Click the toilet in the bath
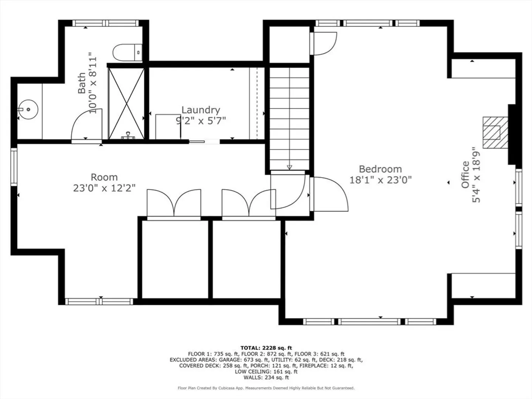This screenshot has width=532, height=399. click(x=127, y=52)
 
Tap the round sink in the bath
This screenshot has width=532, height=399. click(x=28, y=109)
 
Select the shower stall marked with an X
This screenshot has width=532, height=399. click(x=126, y=104)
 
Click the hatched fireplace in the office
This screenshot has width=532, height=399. click(x=495, y=133)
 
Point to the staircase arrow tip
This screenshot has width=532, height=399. click(x=289, y=169)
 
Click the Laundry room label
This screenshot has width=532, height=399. click(x=201, y=110)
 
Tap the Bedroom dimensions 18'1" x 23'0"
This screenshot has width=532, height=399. click(x=380, y=180)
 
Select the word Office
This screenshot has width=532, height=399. click(x=465, y=175)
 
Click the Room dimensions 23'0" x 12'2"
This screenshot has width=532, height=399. click(x=104, y=188)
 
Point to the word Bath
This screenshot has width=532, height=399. click(x=82, y=83)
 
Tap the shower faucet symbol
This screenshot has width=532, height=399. click(x=128, y=136)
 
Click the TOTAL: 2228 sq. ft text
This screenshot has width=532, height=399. click(x=266, y=348)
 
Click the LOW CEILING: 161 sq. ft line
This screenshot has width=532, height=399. click(x=266, y=372)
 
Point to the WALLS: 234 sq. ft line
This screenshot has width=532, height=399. click(x=266, y=378)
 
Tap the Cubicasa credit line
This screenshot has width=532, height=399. click(x=266, y=388)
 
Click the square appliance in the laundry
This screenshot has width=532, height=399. click(x=168, y=127)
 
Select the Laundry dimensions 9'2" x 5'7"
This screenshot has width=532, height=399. click(x=201, y=120)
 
